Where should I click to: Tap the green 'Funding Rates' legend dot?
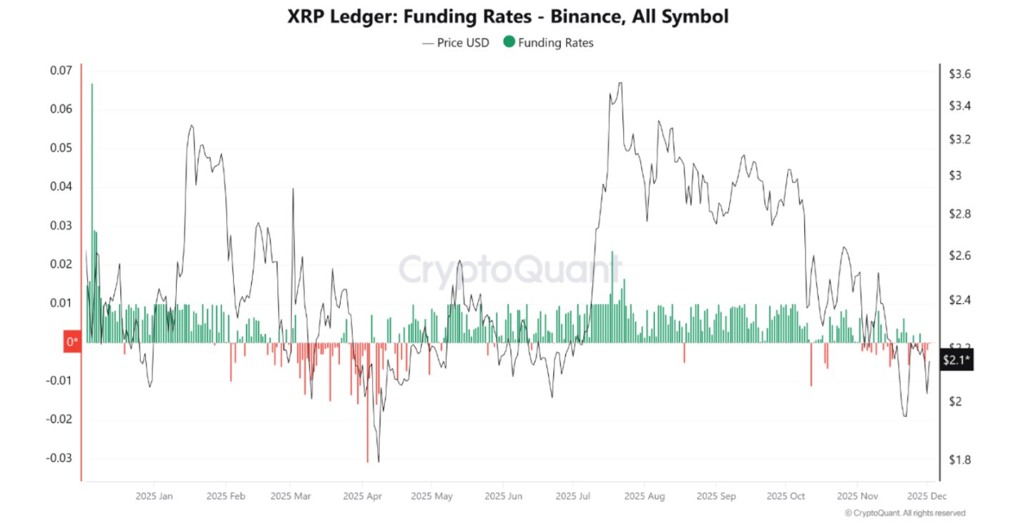[x=509, y=42]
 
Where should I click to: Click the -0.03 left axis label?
[x=59, y=458]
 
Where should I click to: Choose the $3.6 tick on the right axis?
[x=959, y=74]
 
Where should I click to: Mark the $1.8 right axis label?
[x=959, y=460]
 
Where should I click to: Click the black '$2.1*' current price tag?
[x=956, y=360]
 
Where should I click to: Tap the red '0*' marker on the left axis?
[x=72, y=342]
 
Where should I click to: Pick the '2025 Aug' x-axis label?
[x=645, y=496]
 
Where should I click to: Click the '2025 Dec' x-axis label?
[x=927, y=496]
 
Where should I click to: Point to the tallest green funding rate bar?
[x=92, y=215]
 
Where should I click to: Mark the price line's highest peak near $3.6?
[x=620, y=83]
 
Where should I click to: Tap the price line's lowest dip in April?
[x=378, y=461]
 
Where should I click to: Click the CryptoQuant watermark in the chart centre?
[x=509, y=270]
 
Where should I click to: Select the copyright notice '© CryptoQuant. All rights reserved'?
[x=904, y=513]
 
